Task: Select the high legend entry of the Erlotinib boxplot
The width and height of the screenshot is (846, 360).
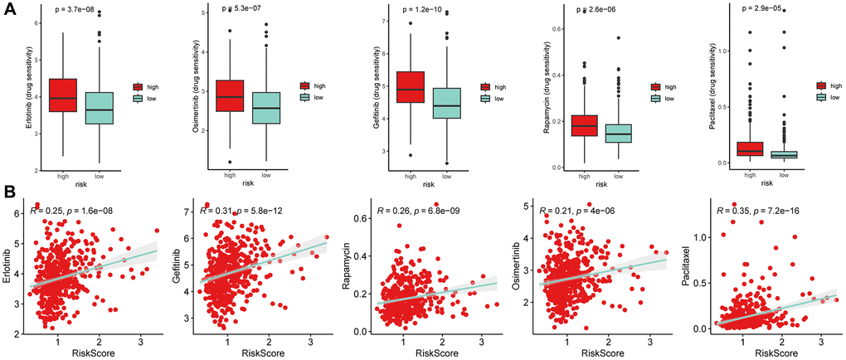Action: pyautogui.click(x=143, y=86)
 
